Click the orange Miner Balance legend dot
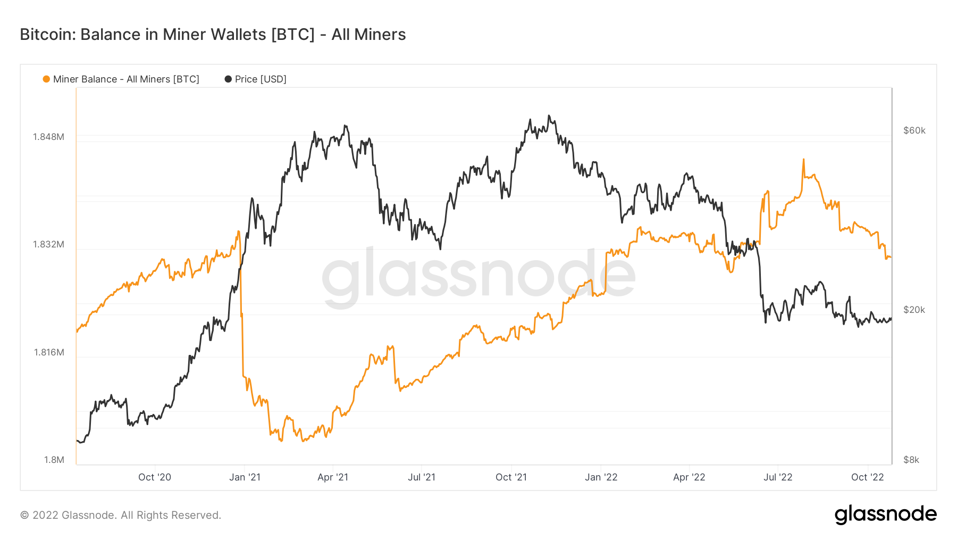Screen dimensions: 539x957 (x=46, y=79)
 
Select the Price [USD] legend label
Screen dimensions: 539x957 (x=261, y=79)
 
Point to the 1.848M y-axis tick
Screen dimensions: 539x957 (x=48, y=137)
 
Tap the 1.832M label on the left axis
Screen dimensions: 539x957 (x=48, y=244)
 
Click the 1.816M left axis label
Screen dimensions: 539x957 (x=49, y=352)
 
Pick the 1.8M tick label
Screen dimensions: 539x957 (x=54, y=460)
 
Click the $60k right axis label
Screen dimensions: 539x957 (x=914, y=130)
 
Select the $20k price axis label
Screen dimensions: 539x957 (x=914, y=310)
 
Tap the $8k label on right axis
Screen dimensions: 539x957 (x=911, y=460)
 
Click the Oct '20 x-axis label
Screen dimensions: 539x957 (x=155, y=477)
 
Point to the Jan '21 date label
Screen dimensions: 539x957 (x=245, y=477)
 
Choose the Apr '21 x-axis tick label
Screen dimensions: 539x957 (x=333, y=477)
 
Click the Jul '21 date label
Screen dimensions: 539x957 (x=422, y=477)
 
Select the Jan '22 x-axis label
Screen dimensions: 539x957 (x=601, y=477)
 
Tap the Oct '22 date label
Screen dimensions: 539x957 (x=867, y=477)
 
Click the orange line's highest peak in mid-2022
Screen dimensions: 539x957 (x=803, y=159)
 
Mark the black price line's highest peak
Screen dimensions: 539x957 (x=549, y=115)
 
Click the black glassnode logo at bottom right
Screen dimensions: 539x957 (x=885, y=515)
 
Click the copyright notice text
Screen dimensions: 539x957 (x=121, y=515)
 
